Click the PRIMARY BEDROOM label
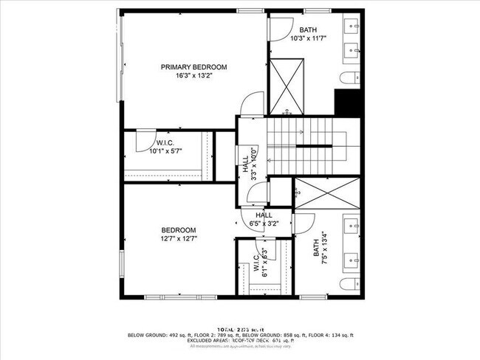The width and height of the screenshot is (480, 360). point(193,66)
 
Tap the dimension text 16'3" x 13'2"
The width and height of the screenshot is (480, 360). point(193,75)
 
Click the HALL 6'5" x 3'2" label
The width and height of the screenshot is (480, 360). point(264,218)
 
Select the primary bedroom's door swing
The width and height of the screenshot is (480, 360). point(252,103)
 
